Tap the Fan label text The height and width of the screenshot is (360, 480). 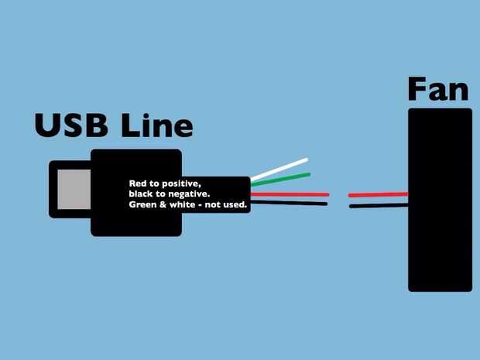pyautogui.click(x=437, y=90)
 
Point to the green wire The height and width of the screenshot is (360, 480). pyautogui.click(x=280, y=180)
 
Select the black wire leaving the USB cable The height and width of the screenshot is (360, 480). pyautogui.click(x=288, y=204)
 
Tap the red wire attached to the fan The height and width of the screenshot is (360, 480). pyautogui.click(x=378, y=194)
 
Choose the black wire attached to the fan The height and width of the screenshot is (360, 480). pyautogui.click(x=378, y=205)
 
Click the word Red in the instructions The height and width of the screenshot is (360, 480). pyautogui.click(x=138, y=183)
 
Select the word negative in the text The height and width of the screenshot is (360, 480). pyautogui.click(x=190, y=194)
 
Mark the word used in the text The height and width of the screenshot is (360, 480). pyautogui.click(x=234, y=205)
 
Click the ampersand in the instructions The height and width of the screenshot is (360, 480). pyautogui.click(x=163, y=205)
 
